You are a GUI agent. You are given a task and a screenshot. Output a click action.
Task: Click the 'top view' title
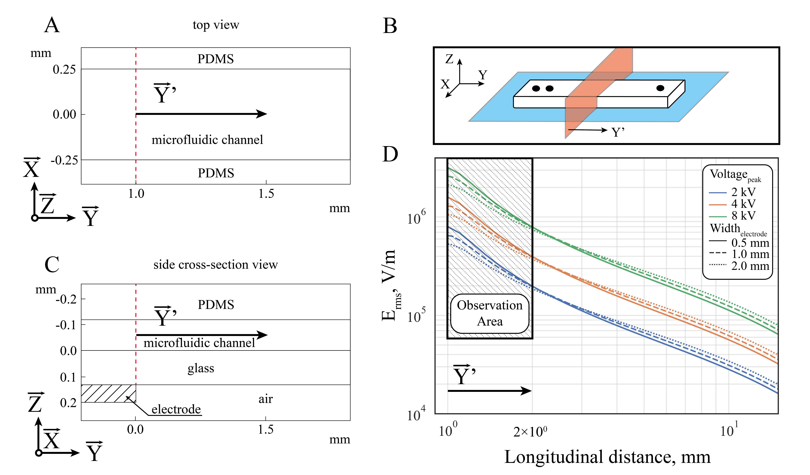click(216, 25)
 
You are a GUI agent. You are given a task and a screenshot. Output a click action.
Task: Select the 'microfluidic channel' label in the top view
click(207, 140)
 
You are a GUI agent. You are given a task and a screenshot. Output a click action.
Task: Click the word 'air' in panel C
click(266, 399)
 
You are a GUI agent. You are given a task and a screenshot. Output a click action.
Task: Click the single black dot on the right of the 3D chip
click(660, 88)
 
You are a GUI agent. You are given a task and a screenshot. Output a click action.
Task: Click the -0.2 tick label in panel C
click(66, 299)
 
